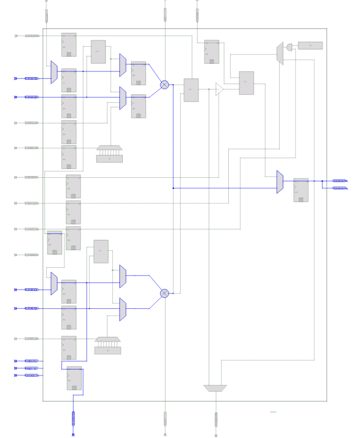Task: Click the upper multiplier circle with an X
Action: point(164,85)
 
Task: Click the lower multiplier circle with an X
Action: point(164,293)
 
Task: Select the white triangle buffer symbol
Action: point(219,89)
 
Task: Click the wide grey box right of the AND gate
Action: point(310,46)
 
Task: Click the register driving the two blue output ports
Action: point(301,190)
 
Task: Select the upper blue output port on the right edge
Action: point(340,181)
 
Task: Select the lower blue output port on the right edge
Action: point(340,188)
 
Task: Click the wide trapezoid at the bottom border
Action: point(215,388)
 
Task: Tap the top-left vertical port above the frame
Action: point(47,15)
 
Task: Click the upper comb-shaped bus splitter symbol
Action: point(109,153)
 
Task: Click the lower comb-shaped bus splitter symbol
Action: point(108,346)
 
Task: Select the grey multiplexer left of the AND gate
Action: point(280,53)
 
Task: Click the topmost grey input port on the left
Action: point(32,36)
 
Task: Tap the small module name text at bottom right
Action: point(273,412)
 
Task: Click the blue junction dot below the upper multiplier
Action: point(173,188)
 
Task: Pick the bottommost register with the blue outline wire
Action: point(74,378)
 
